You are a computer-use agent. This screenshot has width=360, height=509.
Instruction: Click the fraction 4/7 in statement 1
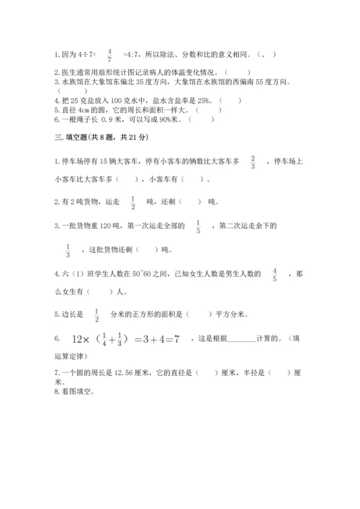(109, 55)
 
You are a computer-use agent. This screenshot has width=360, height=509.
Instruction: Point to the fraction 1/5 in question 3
(198, 228)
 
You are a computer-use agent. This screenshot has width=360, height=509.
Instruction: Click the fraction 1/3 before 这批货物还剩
(68, 251)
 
